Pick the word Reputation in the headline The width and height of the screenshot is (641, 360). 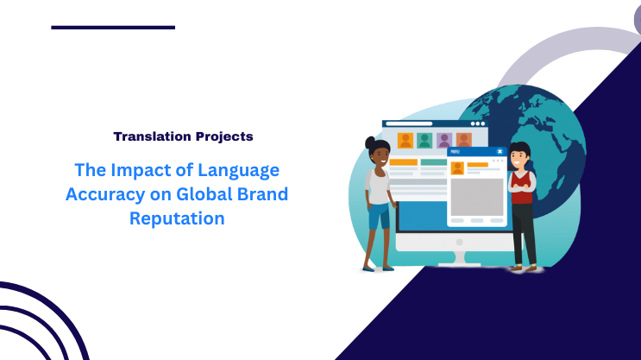coord(177,218)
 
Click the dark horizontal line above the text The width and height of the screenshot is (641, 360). coord(113,28)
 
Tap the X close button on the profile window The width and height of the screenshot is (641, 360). coord(500,152)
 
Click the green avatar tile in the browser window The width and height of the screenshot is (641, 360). coord(424,140)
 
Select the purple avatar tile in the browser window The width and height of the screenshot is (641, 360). coord(444,140)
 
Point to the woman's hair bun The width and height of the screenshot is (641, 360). coord(370,142)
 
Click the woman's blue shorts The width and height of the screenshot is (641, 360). coord(378,216)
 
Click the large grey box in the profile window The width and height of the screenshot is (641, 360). coord(476,197)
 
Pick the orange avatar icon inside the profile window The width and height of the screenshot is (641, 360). coord(458,167)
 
